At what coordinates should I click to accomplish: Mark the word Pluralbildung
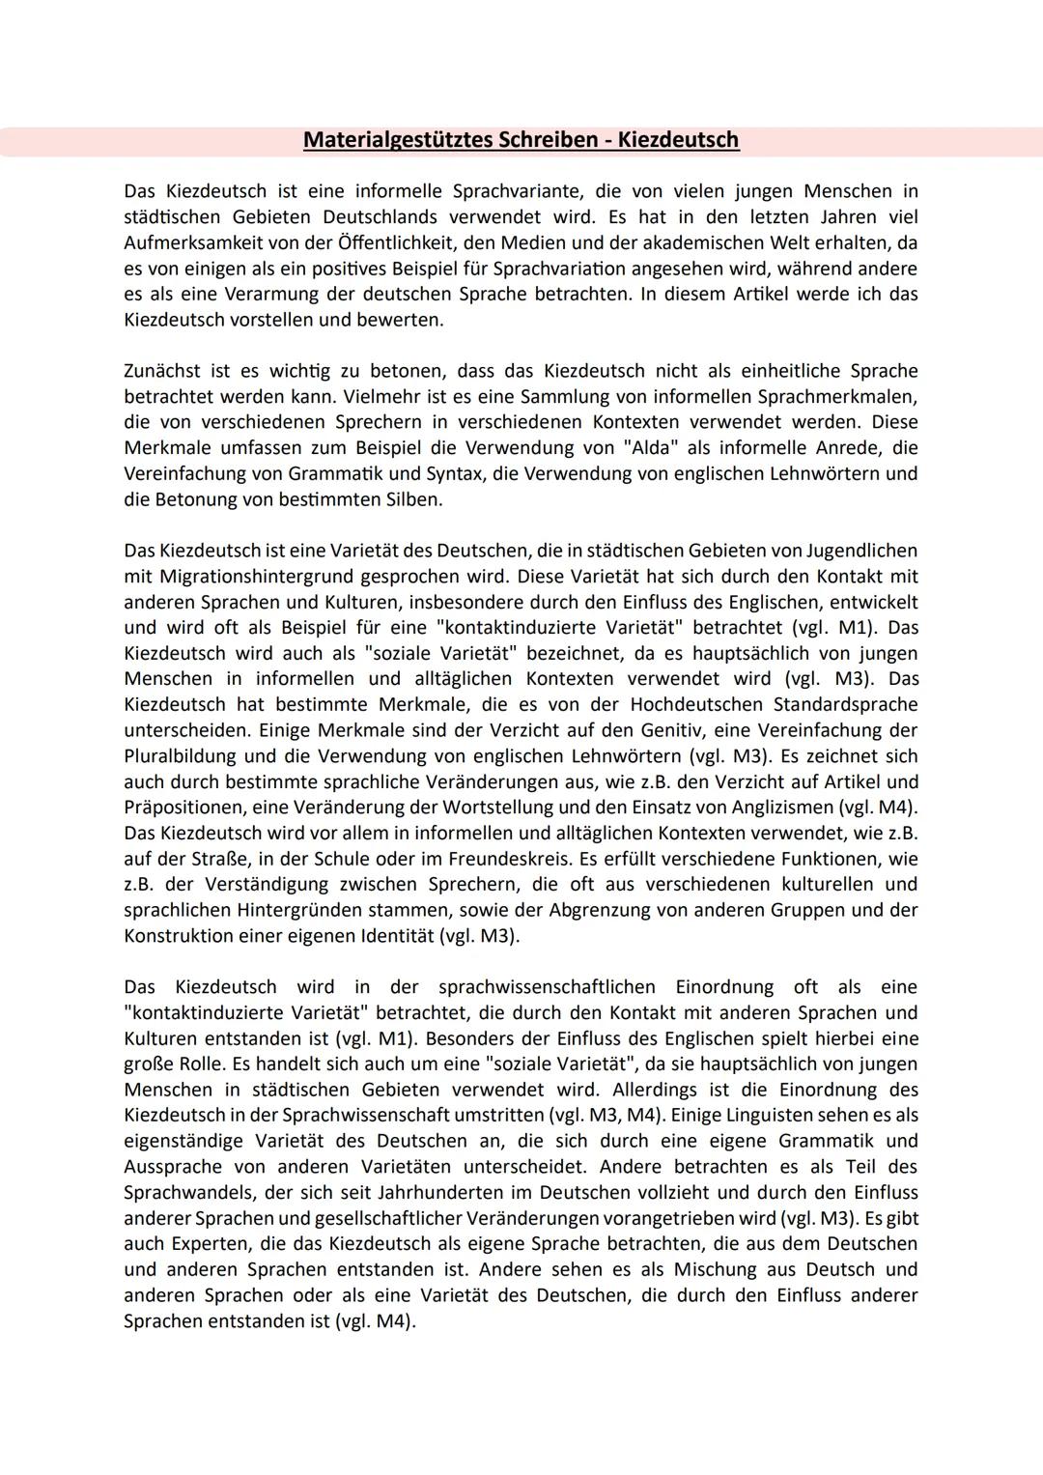[x=184, y=756]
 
